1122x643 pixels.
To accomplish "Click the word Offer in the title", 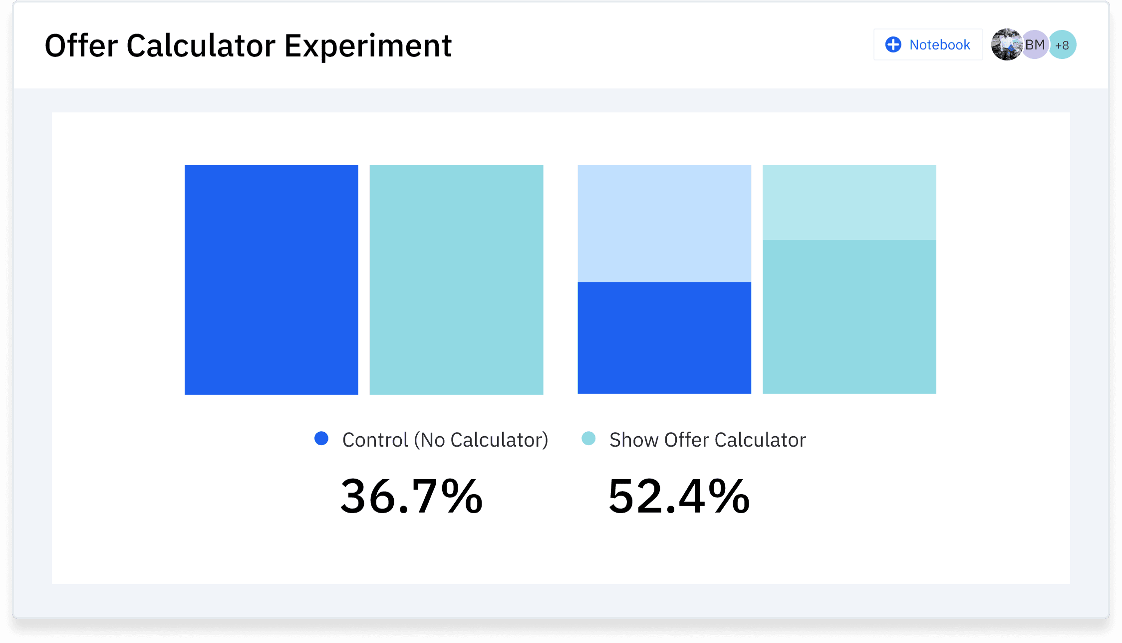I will pyautogui.click(x=81, y=46).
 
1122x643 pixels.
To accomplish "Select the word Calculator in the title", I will pyautogui.click(x=201, y=46).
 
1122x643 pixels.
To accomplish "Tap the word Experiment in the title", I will pyautogui.click(x=368, y=46).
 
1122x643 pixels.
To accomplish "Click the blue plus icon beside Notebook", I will pyautogui.click(x=893, y=44).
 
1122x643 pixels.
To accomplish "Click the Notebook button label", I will pyautogui.click(x=939, y=45).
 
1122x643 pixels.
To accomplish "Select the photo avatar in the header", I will pyautogui.click(x=1006, y=44).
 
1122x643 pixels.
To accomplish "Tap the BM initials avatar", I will pyautogui.click(x=1035, y=44).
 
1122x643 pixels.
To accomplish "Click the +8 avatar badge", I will pyautogui.click(x=1062, y=45).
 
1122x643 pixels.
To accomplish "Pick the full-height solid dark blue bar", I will pyautogui.click(x=271, y=279).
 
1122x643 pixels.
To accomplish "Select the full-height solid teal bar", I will pyautogui.click(x=456, y=279).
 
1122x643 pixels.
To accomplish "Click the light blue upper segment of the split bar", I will pyautogui.click(x=664, y=223).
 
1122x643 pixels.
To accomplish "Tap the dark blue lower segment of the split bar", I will pyautogui.click(x=664, y=338).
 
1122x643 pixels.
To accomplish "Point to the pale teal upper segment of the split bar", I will pyautogui.click(x=849, y=202).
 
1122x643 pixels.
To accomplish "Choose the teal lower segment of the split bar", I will pyautogui.click(x=849, y=316).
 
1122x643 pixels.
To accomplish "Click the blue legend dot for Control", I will pyautogui.click(x=321, y=439).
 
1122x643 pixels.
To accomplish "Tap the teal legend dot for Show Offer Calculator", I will pyautogui.click(x=588, y=439).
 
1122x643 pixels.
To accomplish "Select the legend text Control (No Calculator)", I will pyautogui.click(x=445, y=440).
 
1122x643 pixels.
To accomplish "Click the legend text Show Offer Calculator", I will pyautogui.click(x=707, y=440).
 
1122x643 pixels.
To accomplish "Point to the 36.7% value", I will pyautogui.click(x=411, y=496).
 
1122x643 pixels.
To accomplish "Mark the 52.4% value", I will pyautogui.click(x=679, y=496).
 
